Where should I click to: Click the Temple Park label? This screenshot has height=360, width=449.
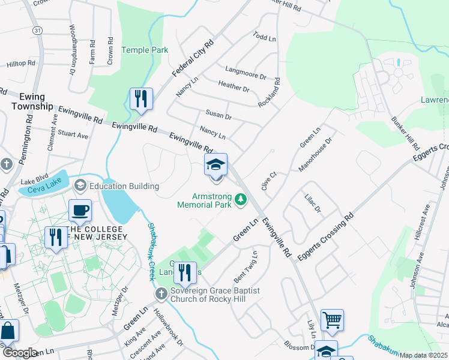[145, 50]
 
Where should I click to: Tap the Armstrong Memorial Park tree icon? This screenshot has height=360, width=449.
[241, 199]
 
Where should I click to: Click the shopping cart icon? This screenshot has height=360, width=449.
[332, 320]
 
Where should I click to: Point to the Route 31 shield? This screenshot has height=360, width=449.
[37, 30]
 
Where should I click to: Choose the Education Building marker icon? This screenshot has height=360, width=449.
[80, 186]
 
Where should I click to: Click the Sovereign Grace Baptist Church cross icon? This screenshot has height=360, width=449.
[160, 293]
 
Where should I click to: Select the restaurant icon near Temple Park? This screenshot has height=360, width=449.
[141, 99]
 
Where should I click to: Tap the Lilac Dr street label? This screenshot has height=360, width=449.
[313, 203]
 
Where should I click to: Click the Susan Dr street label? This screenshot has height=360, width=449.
[218, 115]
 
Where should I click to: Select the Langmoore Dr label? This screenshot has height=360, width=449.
[245, 75]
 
